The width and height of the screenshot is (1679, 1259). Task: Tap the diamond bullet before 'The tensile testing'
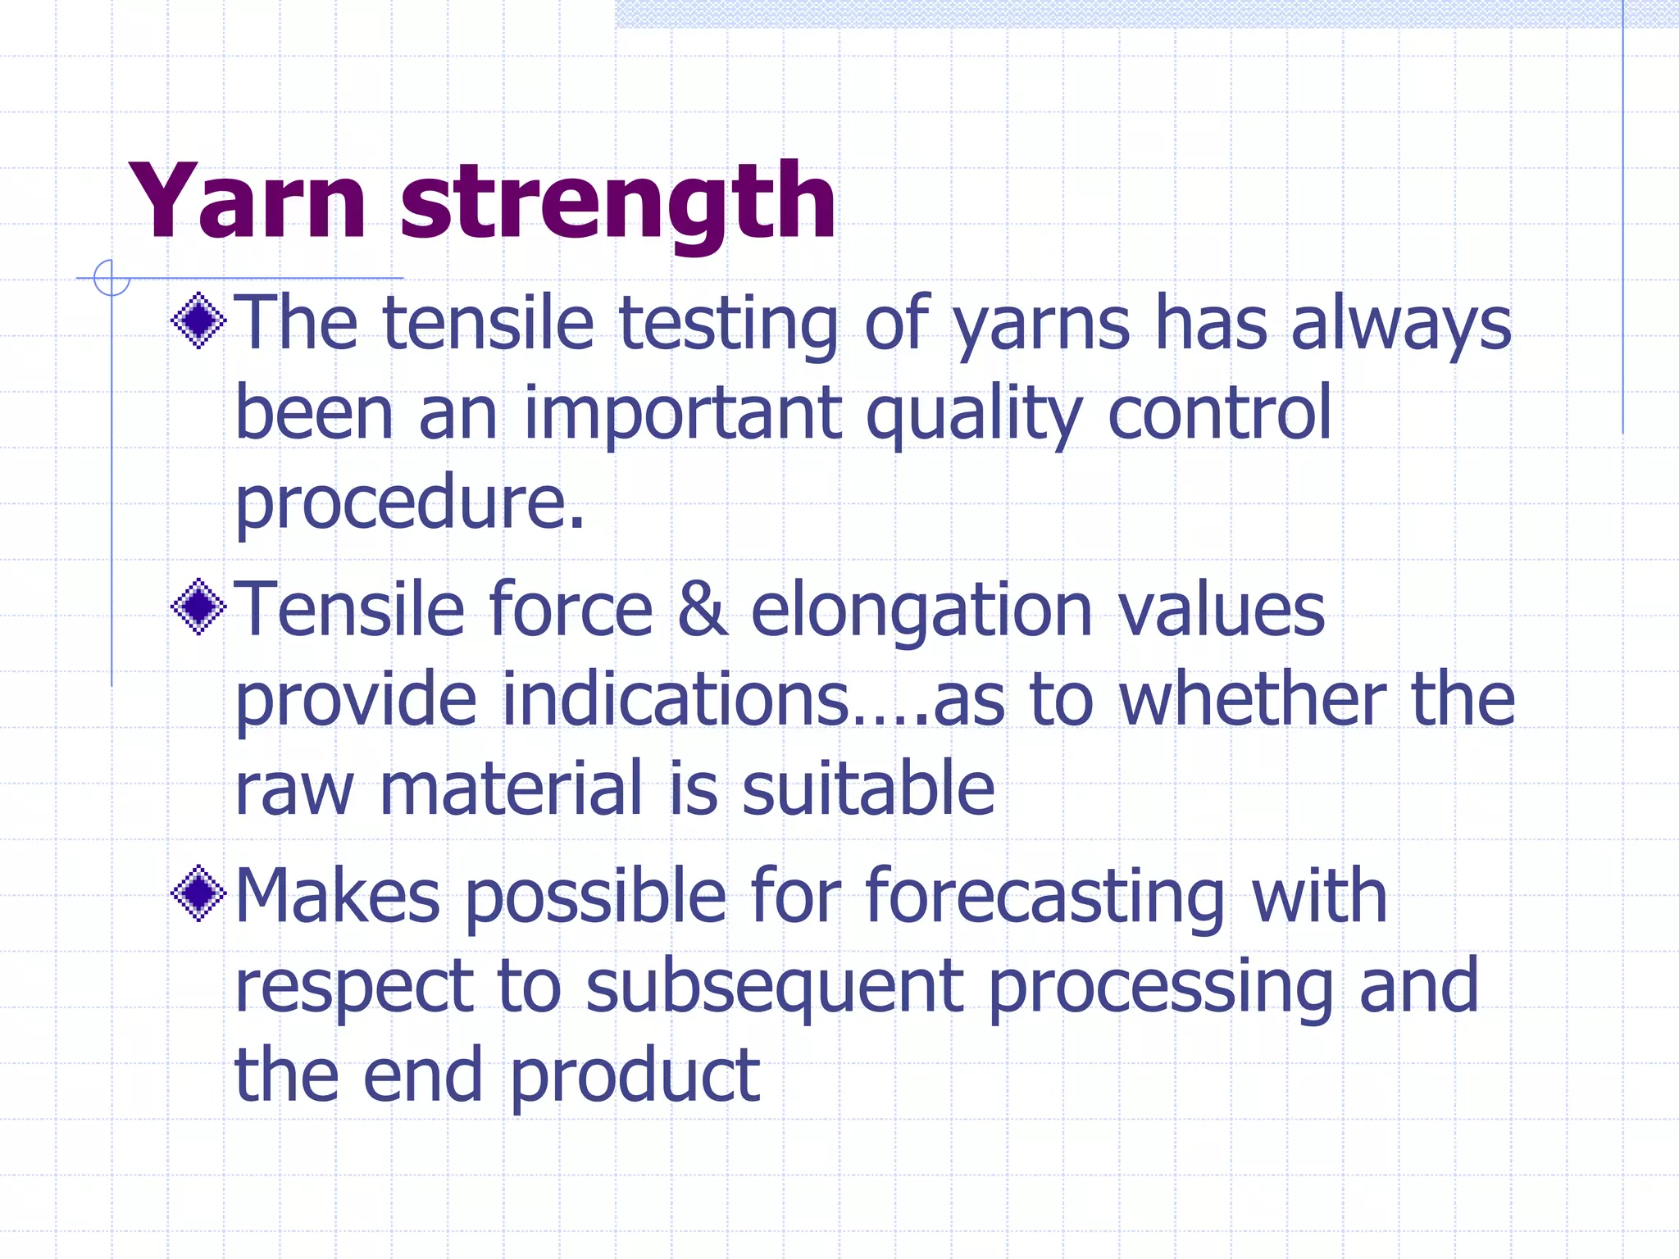pos(198,320)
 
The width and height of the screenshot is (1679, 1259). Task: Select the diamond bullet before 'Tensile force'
pos(198,607)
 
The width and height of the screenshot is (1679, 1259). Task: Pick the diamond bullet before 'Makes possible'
pos(198,893)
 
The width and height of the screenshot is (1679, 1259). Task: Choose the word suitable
pos(867,788)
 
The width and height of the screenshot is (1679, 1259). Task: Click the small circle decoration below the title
pos(111,278)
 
